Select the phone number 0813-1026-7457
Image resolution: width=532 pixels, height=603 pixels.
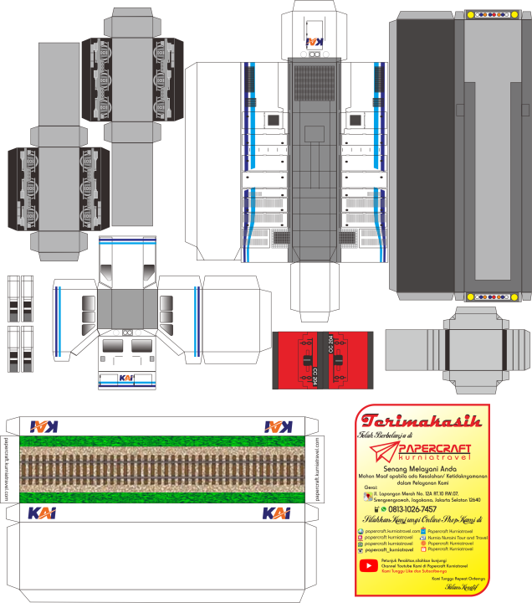point(413,508)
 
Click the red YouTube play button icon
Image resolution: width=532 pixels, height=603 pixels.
point(368,566)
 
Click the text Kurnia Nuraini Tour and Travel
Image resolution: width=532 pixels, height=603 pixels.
point(456,537)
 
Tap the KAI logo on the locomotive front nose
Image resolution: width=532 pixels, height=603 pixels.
point(127,379)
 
